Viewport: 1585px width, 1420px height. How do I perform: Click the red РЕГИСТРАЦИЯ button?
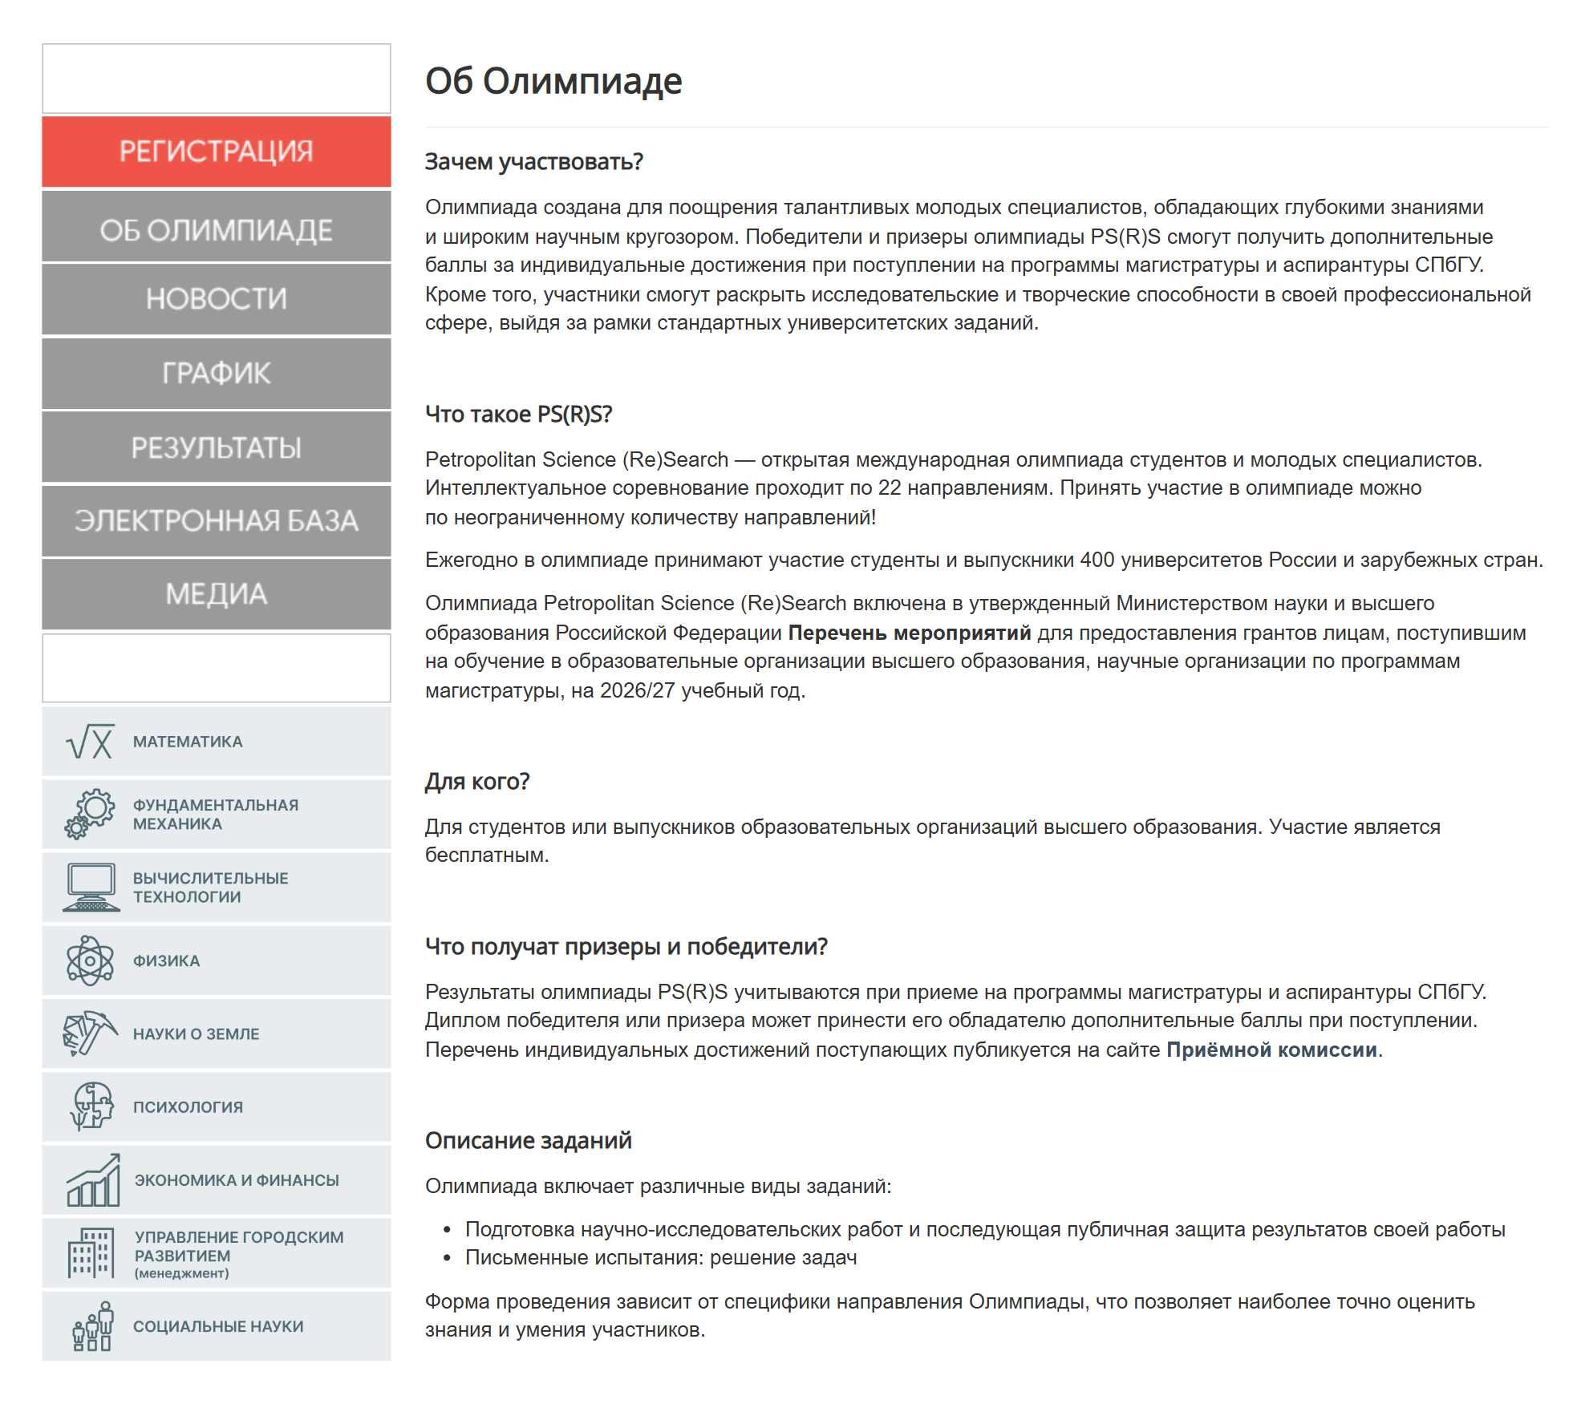point(216,152)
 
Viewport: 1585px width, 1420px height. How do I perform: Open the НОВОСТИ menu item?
point(216,299)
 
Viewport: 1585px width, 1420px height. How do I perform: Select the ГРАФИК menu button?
point(216,374)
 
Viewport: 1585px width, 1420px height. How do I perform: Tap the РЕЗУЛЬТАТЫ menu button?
point(216,447)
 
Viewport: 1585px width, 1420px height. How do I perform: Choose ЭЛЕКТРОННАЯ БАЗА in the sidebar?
point(216,521)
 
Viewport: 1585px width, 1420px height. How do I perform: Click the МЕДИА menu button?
point(216,594)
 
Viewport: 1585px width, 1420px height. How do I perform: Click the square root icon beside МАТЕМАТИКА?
point(90,742)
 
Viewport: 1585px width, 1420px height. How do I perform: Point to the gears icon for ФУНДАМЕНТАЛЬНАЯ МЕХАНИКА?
point(90,814)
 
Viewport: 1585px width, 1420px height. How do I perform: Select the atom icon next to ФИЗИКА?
point(90,961)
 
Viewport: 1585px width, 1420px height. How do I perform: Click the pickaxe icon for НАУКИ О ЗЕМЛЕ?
point(90,1034)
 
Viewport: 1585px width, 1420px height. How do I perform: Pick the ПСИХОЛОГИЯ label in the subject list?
point(188,1107)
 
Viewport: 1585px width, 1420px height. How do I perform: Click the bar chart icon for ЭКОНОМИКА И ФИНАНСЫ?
point(93,1180)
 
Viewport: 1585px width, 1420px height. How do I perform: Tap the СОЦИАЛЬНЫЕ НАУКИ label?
point(218,1326)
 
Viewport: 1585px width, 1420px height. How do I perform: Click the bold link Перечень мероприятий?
point(909,633)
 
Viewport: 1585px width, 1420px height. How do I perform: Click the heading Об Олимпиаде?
point(553,81)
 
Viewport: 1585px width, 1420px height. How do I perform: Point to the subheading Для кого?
point(477,781)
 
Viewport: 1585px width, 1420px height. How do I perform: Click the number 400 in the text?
point(1097,560)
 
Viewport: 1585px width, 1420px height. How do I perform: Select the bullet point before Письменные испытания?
point(448,1258)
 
